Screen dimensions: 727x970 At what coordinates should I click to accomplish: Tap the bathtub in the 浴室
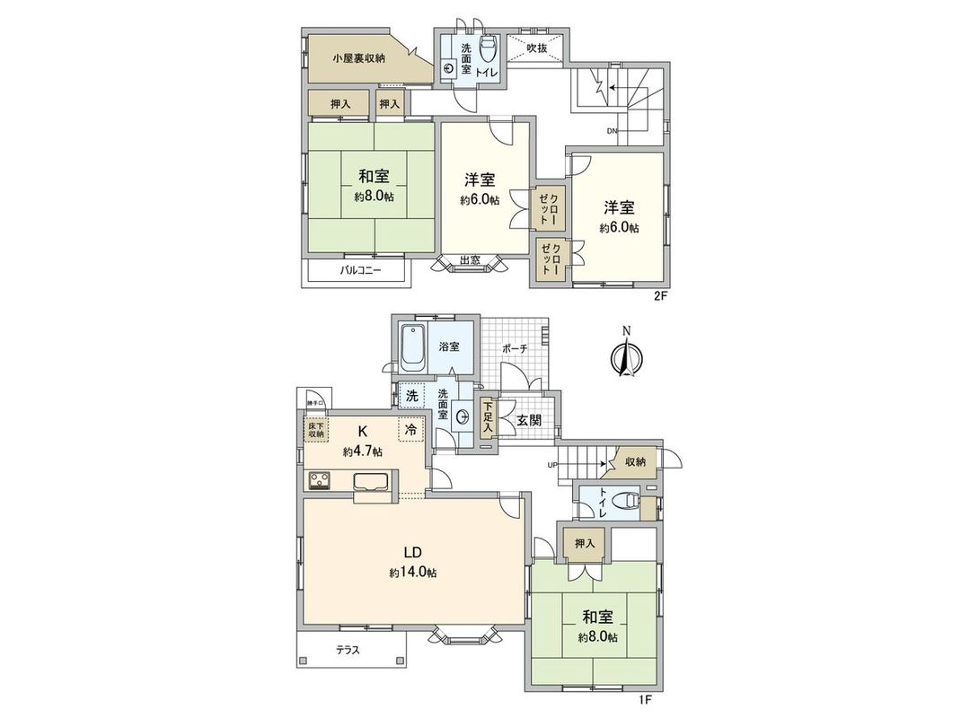click(x=413, y=347)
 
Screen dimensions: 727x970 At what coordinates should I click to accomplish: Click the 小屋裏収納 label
click(x=358, y=58)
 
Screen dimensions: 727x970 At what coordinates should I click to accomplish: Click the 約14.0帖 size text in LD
click(x=413, y=572)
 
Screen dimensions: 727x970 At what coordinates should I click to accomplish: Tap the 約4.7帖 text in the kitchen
click(x=362, y=452)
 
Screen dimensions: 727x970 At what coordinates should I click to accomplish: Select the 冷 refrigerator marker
click(x=411, y=430)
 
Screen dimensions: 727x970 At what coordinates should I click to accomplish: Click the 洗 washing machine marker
click(x=410, y=395)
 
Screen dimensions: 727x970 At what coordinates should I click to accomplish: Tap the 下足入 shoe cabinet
click(x=487, y=418)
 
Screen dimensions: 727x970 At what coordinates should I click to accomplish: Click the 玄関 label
click(x=528, y=420)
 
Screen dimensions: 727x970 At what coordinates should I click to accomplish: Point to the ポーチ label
click(x=515, y=347)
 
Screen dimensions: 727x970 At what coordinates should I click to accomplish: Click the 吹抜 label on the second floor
click(x=537, y=49)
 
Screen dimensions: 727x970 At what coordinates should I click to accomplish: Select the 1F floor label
click(x=646, y=696)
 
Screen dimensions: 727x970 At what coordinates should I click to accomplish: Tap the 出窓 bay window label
click(x=469, y=260)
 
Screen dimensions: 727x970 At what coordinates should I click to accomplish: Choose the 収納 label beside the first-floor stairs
click(x=635, y=462)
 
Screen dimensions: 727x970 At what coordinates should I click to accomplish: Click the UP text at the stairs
click(x=553, y=464)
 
